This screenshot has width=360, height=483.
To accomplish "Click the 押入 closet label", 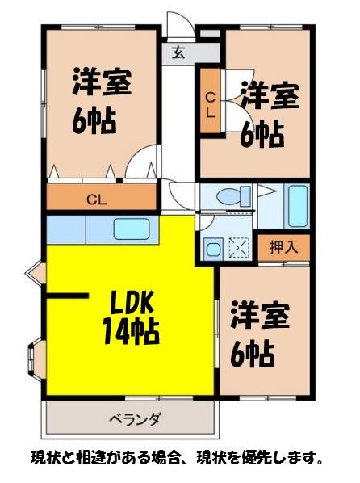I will [283, 247].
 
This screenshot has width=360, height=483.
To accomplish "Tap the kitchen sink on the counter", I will [132, 229].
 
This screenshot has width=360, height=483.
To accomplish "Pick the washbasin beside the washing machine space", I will [213, 249].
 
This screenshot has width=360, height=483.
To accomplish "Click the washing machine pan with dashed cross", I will [239, 248].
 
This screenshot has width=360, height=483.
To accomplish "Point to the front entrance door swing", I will [179, 24].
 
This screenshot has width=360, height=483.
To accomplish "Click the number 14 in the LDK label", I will [118, 331].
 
